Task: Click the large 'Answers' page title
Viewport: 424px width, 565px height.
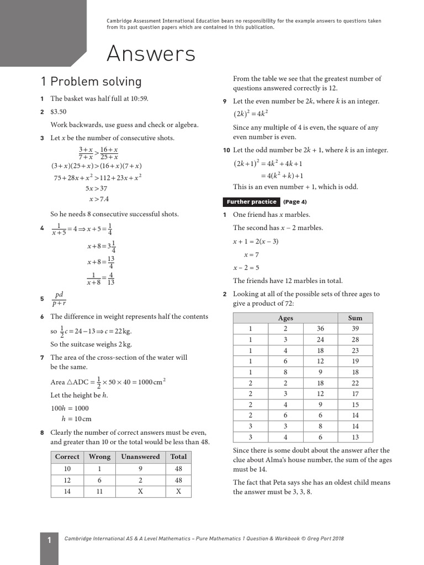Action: coord(151,54)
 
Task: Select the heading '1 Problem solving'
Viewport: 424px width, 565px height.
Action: coord(91,82)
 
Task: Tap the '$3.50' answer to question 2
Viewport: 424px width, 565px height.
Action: coord(59,112)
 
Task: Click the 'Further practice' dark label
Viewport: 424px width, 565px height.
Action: coord(251,202)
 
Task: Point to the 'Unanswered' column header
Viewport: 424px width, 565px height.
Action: coord(140,457)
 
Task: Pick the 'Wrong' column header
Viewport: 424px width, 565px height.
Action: coord(100,457)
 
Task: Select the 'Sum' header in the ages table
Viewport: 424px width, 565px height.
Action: coord(355,318)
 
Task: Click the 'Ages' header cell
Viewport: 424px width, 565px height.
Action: coord(285,318)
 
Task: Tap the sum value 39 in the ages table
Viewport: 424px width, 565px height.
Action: coord(355,329)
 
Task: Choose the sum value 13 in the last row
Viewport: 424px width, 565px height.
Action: coord(355,438)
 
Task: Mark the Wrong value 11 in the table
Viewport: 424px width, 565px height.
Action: coord(100,491)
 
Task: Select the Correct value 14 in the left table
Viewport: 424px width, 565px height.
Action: coord(67,491)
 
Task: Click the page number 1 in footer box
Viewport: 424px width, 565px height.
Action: coord(49,541)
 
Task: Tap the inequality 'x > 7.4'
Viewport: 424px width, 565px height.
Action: coord(99,199)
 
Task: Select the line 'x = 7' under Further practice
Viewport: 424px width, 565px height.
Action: coord(251,255)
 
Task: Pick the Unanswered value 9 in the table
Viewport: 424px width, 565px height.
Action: coord(140,469)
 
